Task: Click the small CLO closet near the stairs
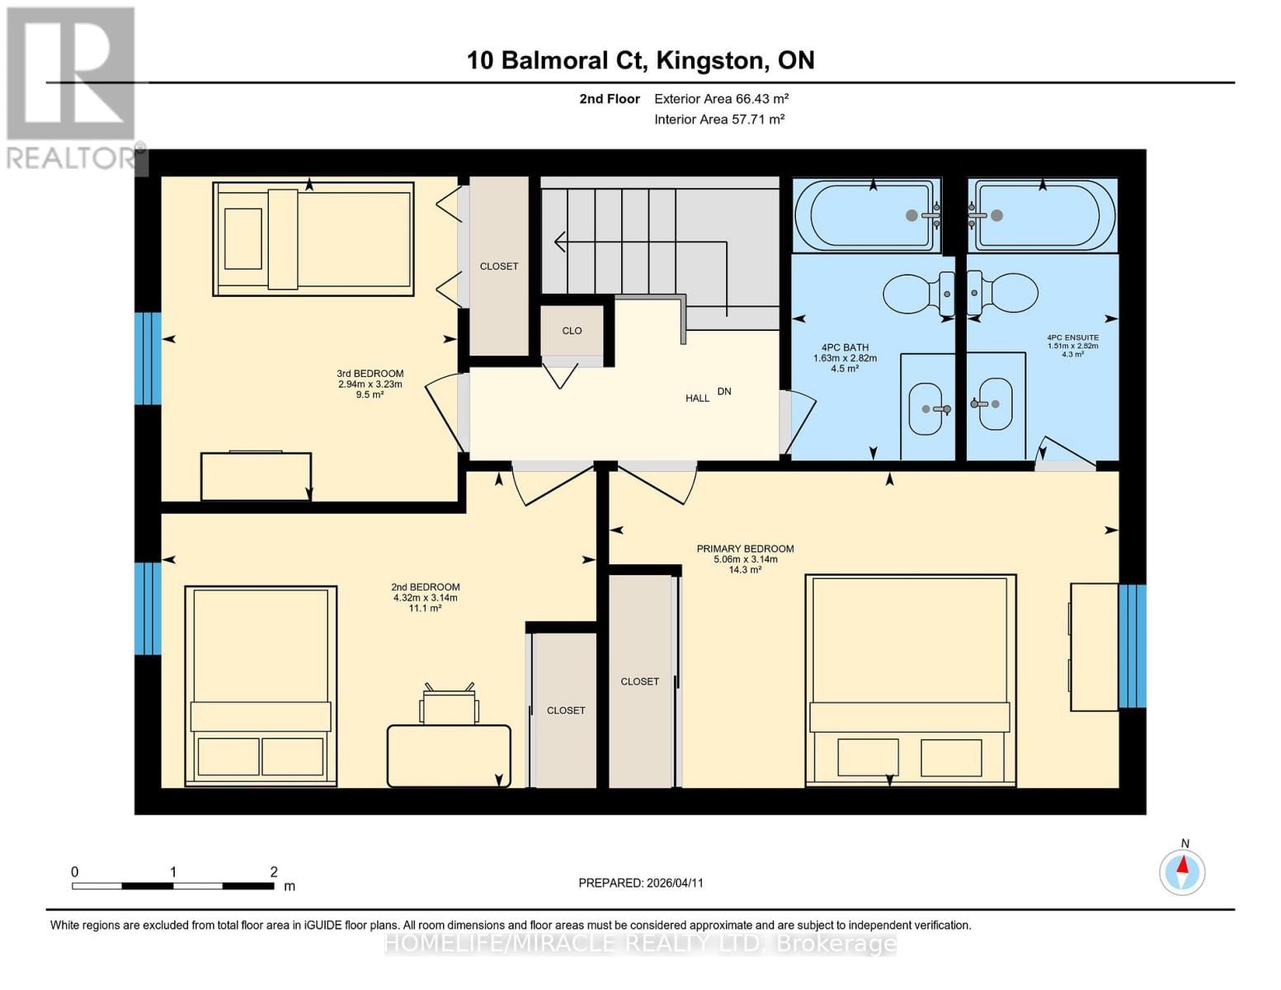coord(572,331)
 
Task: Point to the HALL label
coord(697,398)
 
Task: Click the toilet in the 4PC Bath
coord(918,294)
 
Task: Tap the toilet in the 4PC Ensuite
coord(1004,293)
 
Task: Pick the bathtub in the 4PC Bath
coord(866,215)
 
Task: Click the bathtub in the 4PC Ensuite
coord(1043,215)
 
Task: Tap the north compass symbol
coord(1182,870)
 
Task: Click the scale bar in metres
coord(173,886)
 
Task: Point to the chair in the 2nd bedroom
coord(449,705)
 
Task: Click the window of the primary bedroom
coord(1132,646)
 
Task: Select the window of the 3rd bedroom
coord(148,358)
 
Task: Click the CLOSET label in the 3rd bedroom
coord(499,266)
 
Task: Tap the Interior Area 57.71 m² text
coord(718,120)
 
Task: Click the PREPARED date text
coord(641,883)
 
